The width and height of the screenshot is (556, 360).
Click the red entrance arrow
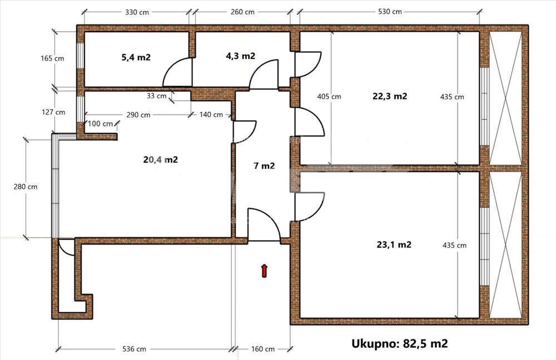tap(264, 271)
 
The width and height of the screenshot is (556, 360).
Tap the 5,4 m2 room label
tap(136, 57)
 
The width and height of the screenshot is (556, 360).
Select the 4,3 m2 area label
tap(240, 56)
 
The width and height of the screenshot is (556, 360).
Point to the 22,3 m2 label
tap(390, 96)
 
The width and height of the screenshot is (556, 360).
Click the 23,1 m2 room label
tap(394, 244)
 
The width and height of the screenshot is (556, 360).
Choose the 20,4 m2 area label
tap(160, 160)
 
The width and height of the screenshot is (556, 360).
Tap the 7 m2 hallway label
tap(264, 166)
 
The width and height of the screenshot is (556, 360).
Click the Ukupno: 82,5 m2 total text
tap(400, 343)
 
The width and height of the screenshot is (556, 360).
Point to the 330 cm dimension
tap(137, 12)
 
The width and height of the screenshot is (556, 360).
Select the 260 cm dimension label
tap(242, 12)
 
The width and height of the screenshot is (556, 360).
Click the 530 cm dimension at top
tap(390, 12)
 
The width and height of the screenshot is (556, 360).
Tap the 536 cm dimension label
tap(134, 349)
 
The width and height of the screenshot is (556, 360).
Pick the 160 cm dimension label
tap(263, 349)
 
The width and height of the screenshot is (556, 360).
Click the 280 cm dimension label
tap(25, 187)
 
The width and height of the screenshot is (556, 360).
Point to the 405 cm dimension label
tap(329, 96)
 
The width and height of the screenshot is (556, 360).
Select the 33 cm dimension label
tap(156, 96)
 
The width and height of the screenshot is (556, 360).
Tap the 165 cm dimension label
tap(52, 58)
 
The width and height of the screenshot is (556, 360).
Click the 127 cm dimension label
tap(53, 112)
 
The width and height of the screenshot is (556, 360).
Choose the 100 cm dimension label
tap(100, 124)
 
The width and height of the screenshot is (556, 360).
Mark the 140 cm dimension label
tap(211, 114)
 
